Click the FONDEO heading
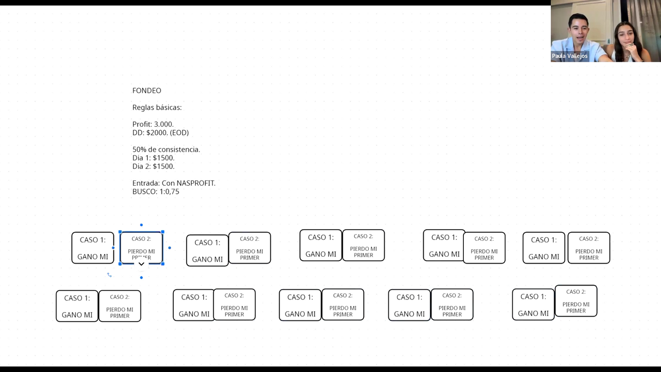(x=147, y=91)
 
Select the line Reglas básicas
(x=157, y=108)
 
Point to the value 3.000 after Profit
(x=164, y=124)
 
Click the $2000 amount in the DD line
(x=157, y=133)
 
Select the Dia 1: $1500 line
(x=153, y=158)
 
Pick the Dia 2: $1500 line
(x=153, y=167)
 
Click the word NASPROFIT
(x=196, y=183)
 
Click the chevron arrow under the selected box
(x=141, y=264)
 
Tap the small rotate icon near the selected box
(x=109, y=275)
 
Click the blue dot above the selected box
(x=141, y=225)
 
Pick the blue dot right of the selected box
(x=170, y=248)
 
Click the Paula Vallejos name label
(x=570, y=56)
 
